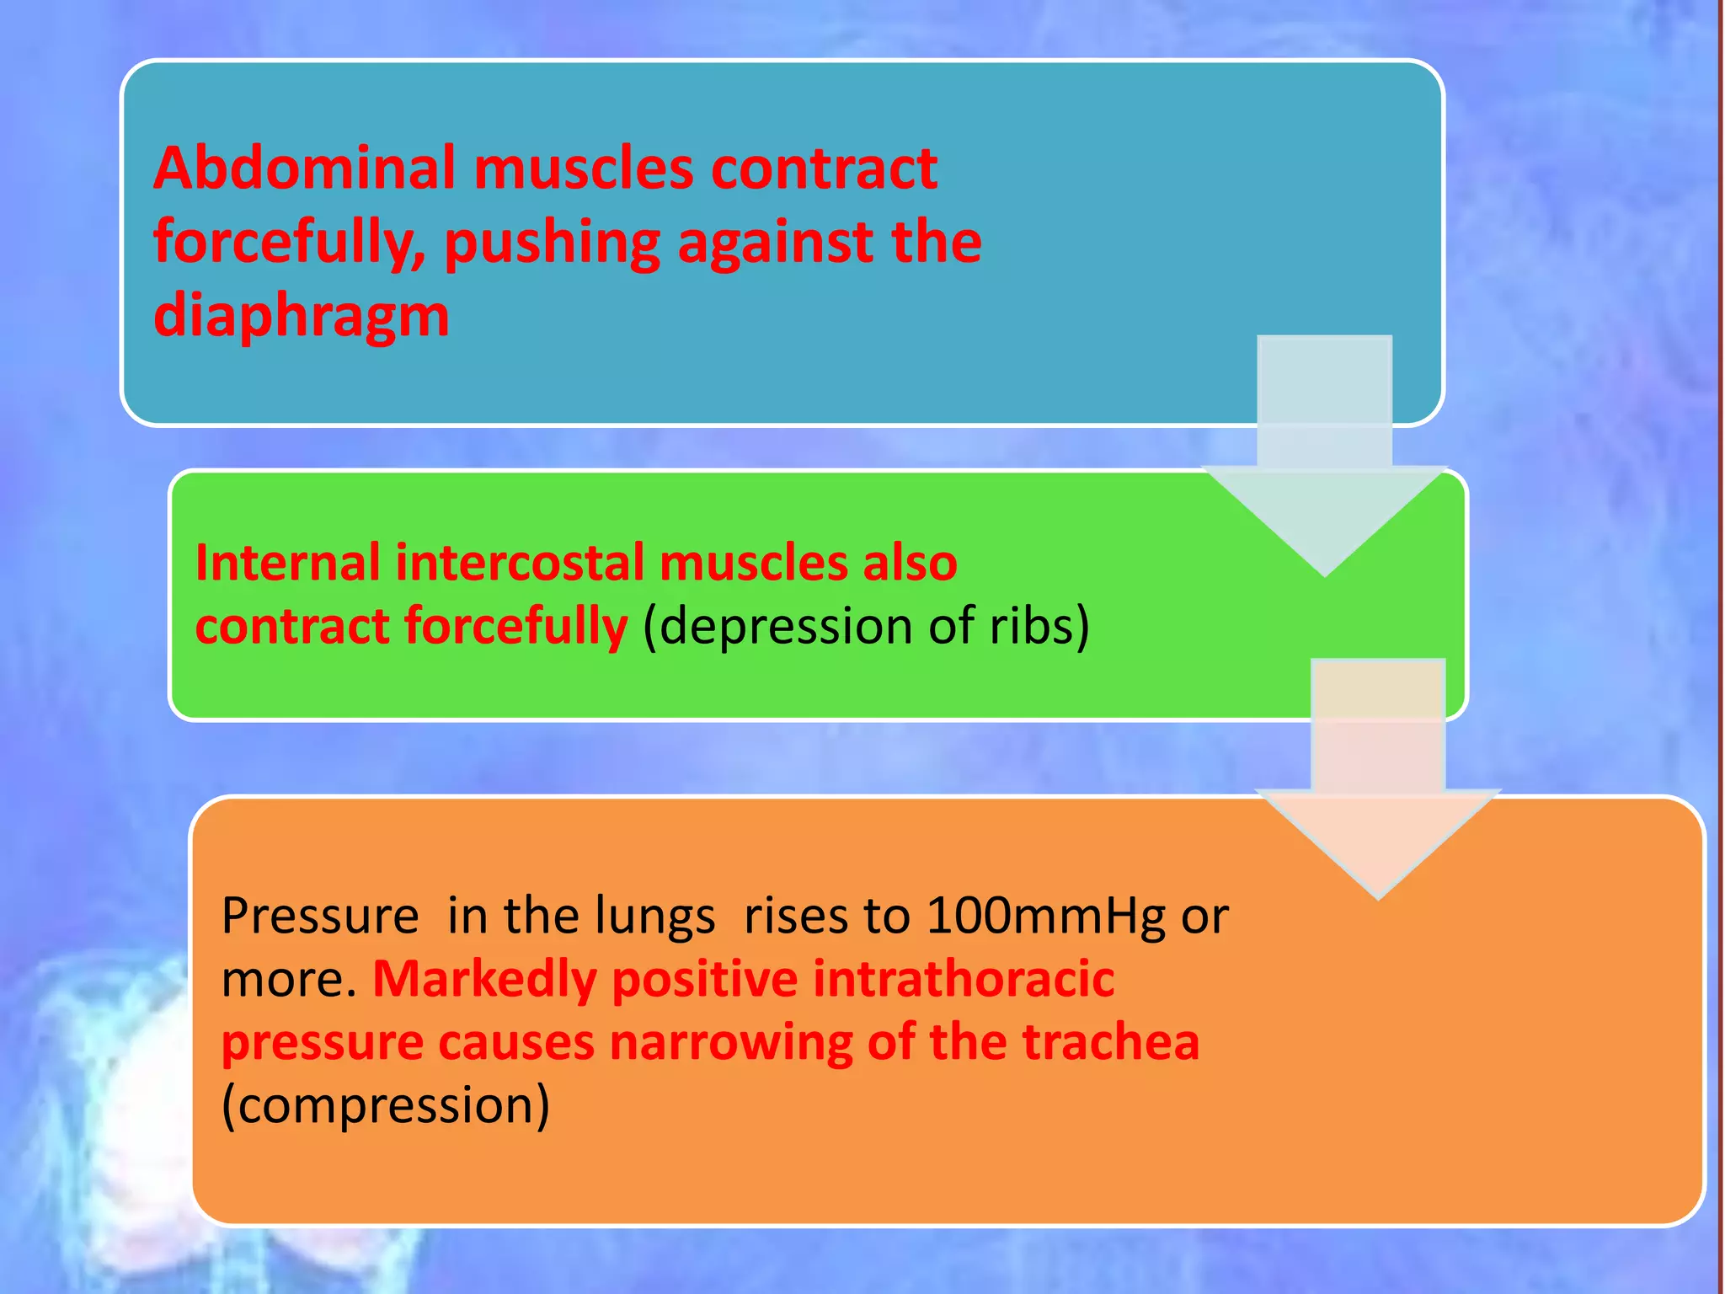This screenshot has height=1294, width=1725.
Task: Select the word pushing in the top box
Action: pos(552,243)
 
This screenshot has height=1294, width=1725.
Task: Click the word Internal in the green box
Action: pos(287,563)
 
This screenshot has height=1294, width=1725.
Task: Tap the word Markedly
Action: pos(484,979)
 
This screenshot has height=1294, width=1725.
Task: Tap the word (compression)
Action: pos(385,1105)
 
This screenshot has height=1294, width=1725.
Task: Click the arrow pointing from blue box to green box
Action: pos(1324,472)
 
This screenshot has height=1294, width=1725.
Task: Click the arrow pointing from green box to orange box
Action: pos(1378,792)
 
